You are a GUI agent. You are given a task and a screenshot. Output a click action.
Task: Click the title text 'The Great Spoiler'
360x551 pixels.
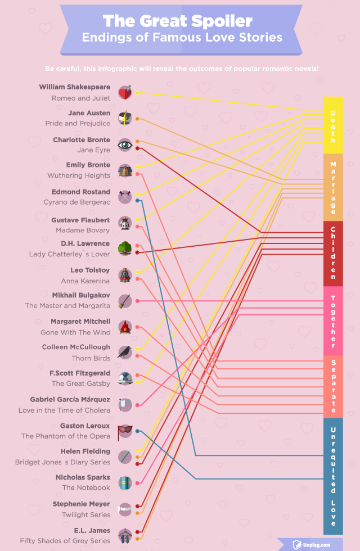(178, 21)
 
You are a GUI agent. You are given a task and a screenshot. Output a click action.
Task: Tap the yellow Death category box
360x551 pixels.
(332, 125)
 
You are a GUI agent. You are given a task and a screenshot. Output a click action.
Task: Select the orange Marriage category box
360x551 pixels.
(332, 188)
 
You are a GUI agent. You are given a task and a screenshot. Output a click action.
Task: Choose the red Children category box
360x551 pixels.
(332, 254)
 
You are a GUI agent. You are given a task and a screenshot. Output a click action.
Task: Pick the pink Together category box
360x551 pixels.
(332, 320)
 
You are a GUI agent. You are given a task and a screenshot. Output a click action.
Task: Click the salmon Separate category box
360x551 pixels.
(332, 386)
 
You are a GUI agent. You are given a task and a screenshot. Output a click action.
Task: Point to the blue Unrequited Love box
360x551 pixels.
(332, 476)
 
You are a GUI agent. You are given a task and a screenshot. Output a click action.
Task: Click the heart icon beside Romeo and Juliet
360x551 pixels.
(125, 93)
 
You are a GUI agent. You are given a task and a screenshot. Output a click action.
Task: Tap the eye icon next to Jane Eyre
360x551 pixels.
(125, 145)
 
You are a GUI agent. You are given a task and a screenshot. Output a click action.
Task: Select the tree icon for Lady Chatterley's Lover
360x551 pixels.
(125, 249)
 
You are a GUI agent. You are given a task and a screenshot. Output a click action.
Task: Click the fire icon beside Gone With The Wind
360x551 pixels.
(125, 327)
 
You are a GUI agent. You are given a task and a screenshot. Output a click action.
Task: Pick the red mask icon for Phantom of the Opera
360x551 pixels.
(124, 431)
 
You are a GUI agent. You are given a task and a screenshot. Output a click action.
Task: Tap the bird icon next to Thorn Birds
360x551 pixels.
(125, 353)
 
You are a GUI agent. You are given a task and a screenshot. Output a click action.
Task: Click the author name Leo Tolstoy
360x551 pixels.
(90, 270)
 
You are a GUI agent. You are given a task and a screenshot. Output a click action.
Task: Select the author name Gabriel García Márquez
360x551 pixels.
(70, 399)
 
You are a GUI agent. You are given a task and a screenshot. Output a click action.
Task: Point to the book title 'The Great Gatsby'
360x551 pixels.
(81, 383)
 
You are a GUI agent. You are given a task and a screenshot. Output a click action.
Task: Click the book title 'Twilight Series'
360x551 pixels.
(86, 514)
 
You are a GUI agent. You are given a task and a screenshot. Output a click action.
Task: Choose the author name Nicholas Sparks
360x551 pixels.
(83, 477)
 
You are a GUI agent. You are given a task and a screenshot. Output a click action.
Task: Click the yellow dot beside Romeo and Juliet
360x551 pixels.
(137, 92)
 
